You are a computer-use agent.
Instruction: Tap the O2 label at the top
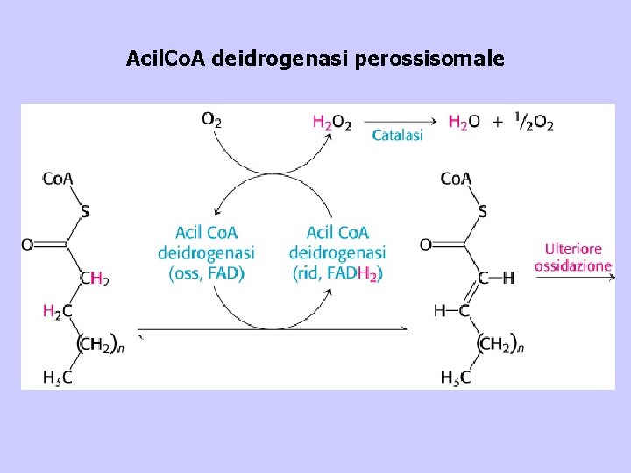point(211,119)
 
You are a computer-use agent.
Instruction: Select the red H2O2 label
point(331,123)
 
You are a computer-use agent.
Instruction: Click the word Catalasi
point(397,135)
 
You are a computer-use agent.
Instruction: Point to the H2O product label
point(464,123)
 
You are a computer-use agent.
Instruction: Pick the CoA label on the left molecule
point(57,179)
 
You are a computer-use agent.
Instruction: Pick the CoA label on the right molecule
point(456,179)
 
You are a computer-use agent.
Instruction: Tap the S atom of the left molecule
point(85,211)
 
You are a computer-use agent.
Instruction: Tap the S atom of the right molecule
point(483,211)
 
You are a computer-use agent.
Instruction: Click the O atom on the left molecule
point(27,244)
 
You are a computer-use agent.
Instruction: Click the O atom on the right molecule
point(425,244)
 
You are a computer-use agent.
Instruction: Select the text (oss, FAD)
point(206,273)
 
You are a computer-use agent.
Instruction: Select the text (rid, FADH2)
point(337,273)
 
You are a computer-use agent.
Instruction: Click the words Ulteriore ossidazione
point(573,257)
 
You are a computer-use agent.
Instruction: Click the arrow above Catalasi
point(399,122)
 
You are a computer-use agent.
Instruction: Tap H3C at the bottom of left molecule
point(59,378)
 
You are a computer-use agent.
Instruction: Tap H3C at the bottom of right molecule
point(456,378)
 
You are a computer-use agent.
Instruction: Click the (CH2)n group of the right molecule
point(500,345)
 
